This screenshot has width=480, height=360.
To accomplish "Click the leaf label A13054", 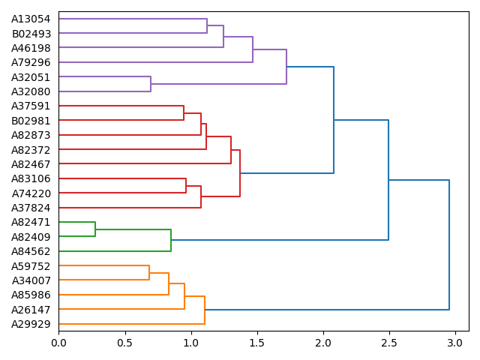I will click(31, 19).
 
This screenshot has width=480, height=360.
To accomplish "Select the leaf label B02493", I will click(31, 34).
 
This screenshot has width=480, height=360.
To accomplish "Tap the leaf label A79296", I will click(31, 62).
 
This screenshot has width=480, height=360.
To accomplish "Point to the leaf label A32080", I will click(31, 91).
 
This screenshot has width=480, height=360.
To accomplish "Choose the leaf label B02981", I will click(31, 120).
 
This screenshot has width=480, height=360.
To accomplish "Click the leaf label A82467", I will click(31, 163).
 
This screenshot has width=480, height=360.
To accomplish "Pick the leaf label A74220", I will click(31, 193).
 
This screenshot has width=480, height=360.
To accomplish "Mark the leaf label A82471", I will click(31, 222).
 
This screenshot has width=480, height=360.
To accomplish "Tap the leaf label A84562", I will click(31, 251).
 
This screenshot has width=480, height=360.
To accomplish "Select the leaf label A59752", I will click(31, 265).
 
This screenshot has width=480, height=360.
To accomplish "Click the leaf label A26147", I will click(31, 309).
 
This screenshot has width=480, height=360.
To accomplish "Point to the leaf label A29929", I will click(31, 323).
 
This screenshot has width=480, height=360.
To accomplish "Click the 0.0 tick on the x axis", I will click(58, 343).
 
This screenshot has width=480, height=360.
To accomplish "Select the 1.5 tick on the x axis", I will click(257, 343).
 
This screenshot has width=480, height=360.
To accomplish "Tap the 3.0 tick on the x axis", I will click(455, 343).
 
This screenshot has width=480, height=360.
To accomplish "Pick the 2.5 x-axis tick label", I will click(389, 343).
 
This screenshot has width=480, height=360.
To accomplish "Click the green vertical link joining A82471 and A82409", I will click(95, 229).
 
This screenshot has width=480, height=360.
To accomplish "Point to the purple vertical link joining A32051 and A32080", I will click(151, 84).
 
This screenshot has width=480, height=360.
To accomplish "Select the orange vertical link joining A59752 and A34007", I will click(149, 273).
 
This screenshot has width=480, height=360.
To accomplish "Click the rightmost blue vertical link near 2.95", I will click(449, 244).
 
